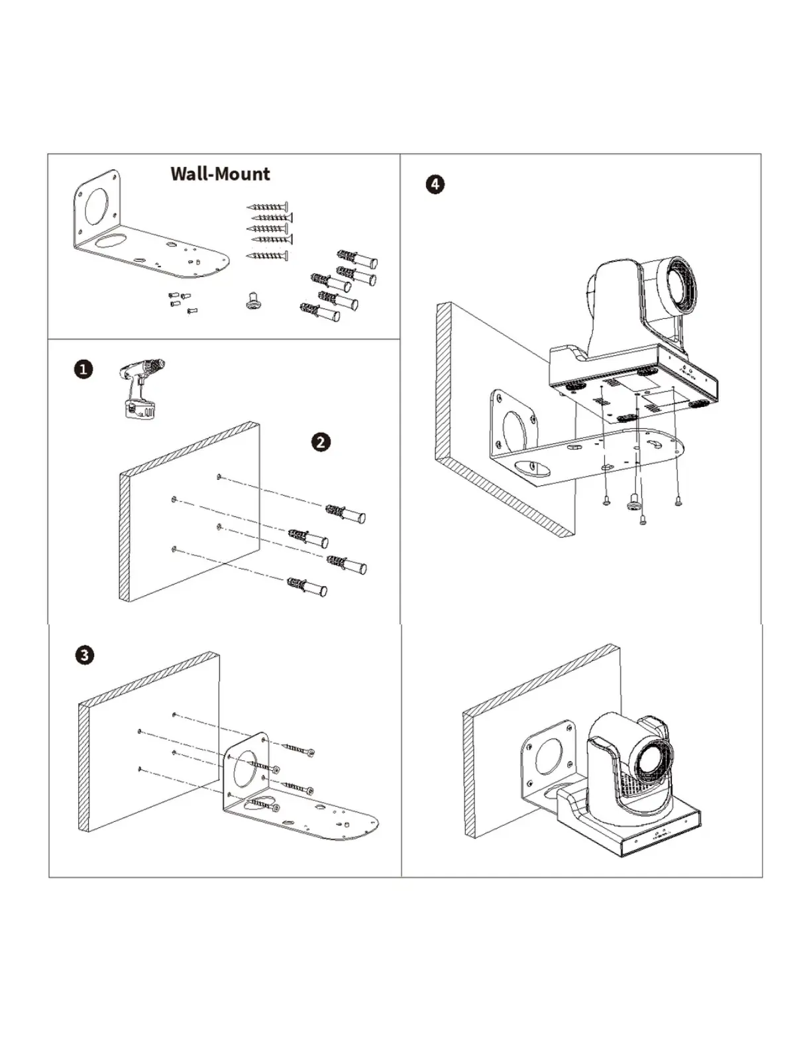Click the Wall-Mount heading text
click(220, 174)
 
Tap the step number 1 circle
click(83, 370)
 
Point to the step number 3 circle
click(85, 656)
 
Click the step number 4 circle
click(435, 184)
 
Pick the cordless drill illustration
click(140, 388)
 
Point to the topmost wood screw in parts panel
click(268, 206)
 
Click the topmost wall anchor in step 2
click(345, 514)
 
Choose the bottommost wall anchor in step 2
click(307, 586)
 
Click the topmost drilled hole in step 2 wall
click(219, 477)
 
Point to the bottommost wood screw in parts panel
click(267, 256)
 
